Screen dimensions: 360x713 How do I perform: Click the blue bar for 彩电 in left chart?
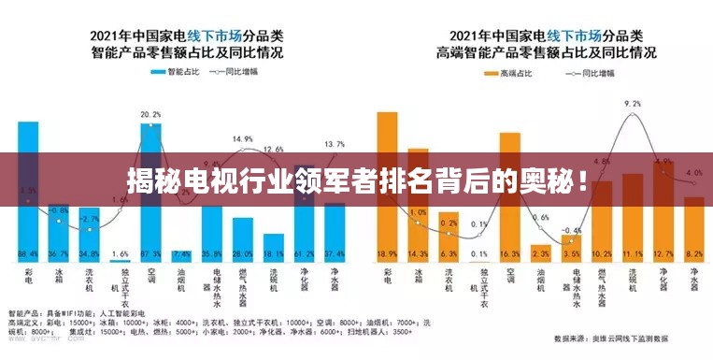(29, 187)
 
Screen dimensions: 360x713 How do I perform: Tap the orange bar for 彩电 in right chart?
(387, 187)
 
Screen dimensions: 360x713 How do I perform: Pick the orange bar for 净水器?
(694, 229)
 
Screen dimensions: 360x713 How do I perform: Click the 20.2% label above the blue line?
(150, 115)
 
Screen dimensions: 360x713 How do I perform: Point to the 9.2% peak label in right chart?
(633, 104)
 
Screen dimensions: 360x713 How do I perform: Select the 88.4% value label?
(29, 254)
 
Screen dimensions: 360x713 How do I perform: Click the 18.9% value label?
(387, 254)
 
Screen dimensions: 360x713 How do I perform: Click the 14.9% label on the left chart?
(243, 139)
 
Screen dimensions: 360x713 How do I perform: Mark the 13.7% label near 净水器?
(334, 144)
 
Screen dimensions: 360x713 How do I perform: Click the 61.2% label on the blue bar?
(304, 254)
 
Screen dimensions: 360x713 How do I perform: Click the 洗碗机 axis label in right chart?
(634, 281)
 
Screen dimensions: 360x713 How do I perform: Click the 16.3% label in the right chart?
(510, 254)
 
